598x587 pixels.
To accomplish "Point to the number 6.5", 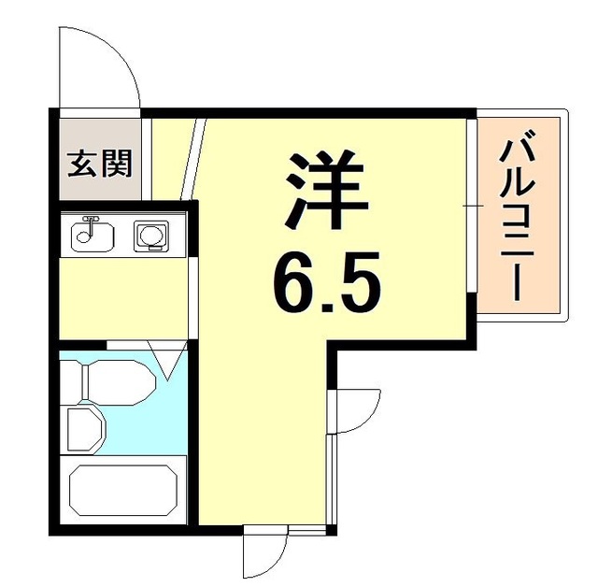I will [x=326, y=278].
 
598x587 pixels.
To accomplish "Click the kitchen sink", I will [x=92, y=235].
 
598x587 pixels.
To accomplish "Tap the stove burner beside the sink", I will [x=149, y=236].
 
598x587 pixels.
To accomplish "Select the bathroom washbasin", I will [x=85, y=428].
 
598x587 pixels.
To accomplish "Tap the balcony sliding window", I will [x=472, y=203].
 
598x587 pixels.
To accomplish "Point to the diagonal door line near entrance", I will [x=194, y=159].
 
